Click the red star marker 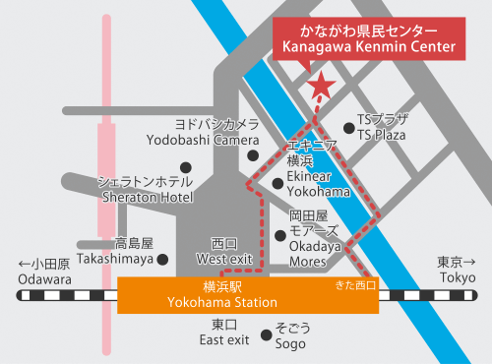click(x=320, y=88)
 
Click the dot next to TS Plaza click(x=348, y=127)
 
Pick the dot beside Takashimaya click(x=162, y=259)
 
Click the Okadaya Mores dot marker click(x=280, y=235)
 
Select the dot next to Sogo click(x=265, y=334)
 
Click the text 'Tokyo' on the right click(x=457, y=278)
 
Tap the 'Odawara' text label click(x=44, y=279)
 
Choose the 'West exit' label click(x=225, y=259)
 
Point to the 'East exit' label click(x=224, y=340)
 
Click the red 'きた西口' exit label click(x=355, y=285)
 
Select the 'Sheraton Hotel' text click(x=148, y=197)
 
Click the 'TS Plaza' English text click(x=382, y=134)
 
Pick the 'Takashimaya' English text click(x=117, y=259)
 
